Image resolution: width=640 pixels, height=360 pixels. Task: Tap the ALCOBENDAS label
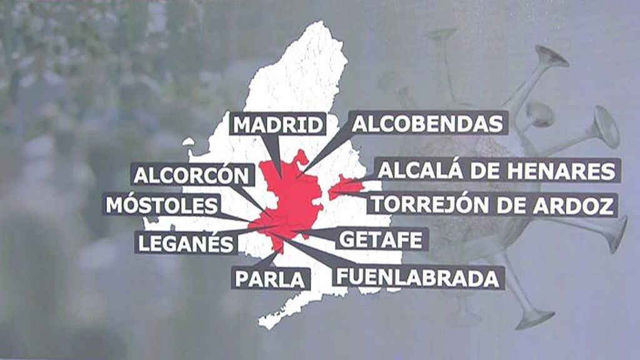[427, 123]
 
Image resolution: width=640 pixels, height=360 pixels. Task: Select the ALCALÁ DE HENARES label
[497, 170]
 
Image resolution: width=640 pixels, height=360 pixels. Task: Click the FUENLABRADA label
[417, 277]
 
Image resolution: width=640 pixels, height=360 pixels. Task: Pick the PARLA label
[271, 278]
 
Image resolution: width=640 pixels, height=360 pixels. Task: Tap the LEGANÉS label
[185, 242]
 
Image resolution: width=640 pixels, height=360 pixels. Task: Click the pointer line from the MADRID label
[273, 150]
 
